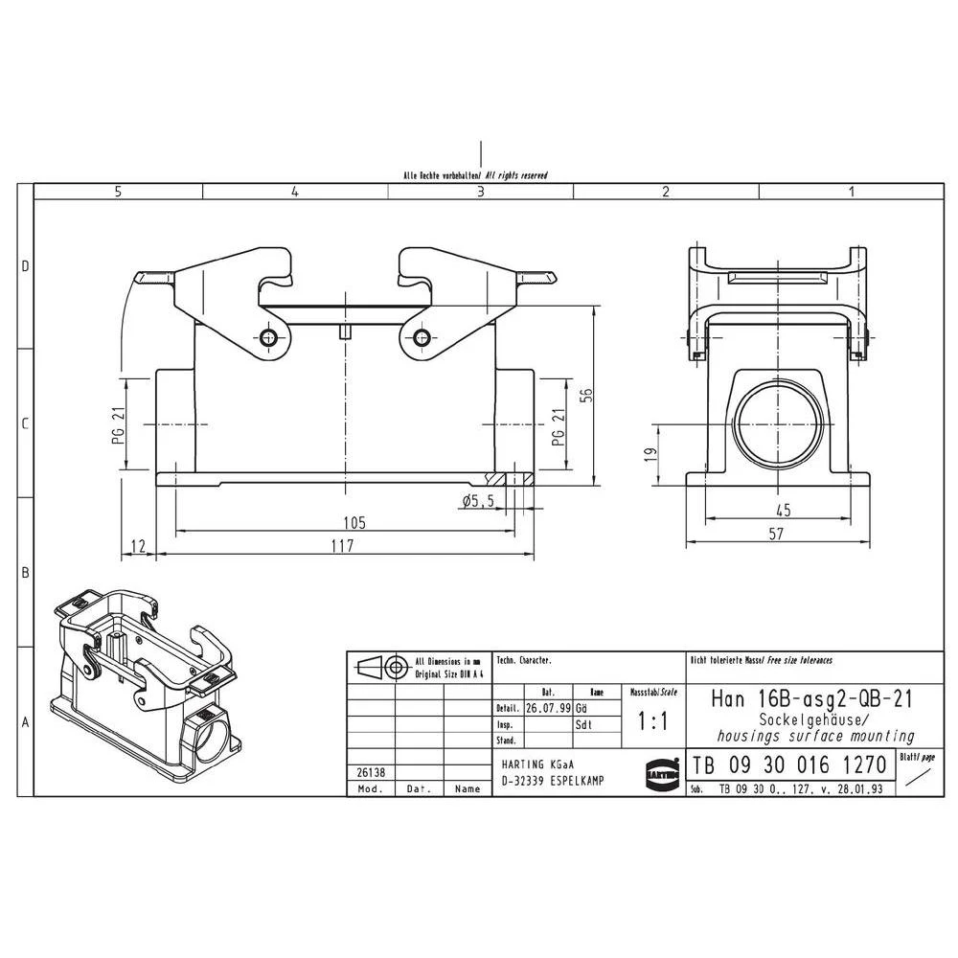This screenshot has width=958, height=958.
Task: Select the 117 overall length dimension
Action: point(341,545)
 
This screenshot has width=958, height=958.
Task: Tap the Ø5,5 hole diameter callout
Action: point(476,501)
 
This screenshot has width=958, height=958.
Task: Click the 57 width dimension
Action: point(776,536)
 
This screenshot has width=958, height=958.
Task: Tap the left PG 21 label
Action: point(118,423)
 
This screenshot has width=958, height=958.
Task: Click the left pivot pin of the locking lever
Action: point(267,337)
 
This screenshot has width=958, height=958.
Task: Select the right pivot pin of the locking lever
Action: point(421,337)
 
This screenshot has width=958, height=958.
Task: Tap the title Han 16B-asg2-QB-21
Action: point(811,698)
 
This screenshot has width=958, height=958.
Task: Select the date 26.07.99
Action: point(547,709)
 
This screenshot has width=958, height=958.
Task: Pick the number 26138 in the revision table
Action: point(365,772)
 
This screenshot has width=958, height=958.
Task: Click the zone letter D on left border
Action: point(26,266)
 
